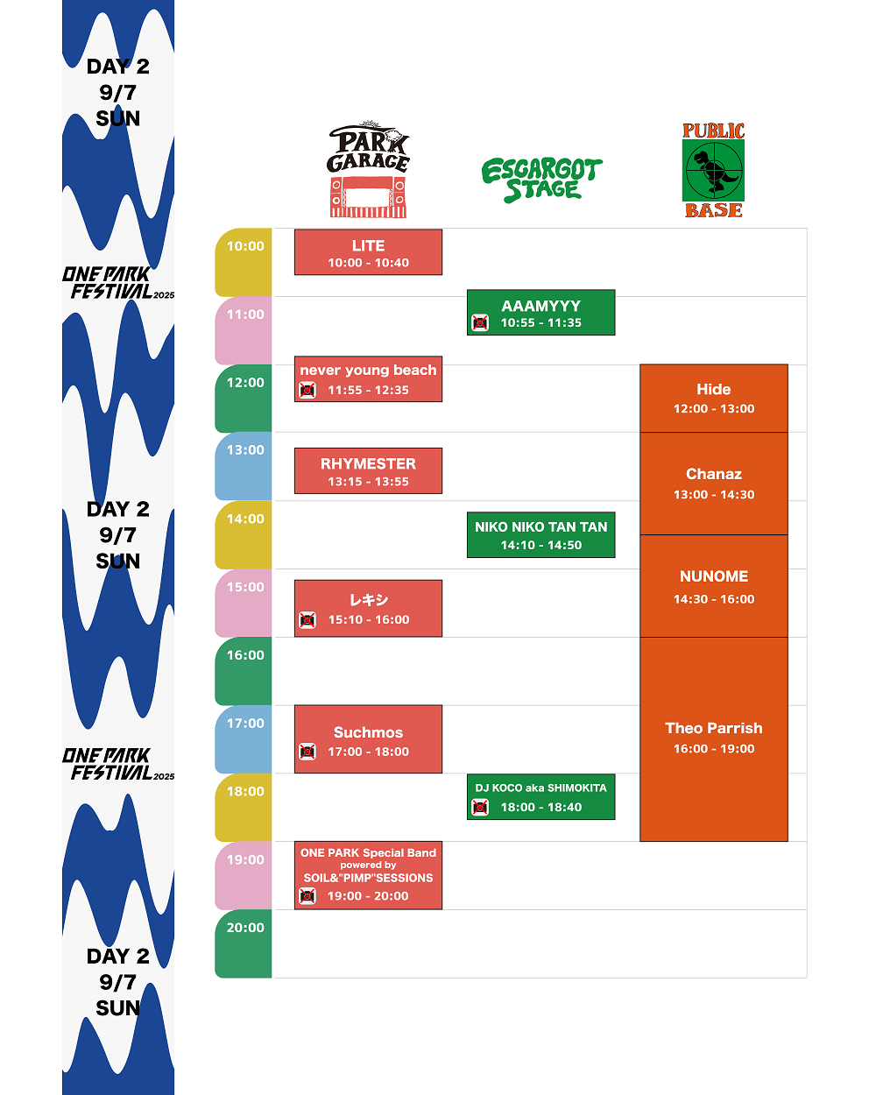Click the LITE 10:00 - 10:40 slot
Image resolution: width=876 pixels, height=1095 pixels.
[x=368, y=252]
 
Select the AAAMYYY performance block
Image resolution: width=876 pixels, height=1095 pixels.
[x=540, y=313]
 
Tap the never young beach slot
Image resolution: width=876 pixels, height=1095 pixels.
[x=368, y=379]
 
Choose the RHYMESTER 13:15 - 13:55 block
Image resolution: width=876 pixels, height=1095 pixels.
[x=368, y=471]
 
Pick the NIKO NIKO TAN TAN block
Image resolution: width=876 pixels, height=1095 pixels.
[x=540, y=535]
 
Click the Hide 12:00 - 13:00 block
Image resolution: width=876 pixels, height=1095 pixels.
[x=714, y=399]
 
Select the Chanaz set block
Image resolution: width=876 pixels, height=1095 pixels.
[x=714, y=484]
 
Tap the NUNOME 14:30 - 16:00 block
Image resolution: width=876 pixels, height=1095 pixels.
[x=714, y=586]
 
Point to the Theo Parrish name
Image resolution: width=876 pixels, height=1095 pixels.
[x=714, y=728]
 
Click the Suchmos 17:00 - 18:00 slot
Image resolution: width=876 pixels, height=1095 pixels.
[x=368, y=739]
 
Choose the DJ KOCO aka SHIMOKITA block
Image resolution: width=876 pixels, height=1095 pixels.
[x=540, y=796]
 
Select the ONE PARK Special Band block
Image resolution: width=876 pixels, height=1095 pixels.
[x=368, y=875]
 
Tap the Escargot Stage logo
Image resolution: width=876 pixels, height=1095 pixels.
[x=541, y=180]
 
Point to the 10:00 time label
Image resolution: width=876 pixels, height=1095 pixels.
[x=245, y=246]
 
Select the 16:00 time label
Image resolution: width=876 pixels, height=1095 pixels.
[x=245, y=655]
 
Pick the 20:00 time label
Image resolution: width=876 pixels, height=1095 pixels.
[x=245, y=928]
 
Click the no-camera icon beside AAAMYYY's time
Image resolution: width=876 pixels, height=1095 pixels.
[x=480, y=323]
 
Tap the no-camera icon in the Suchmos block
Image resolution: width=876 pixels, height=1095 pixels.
[x=307, y=752]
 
